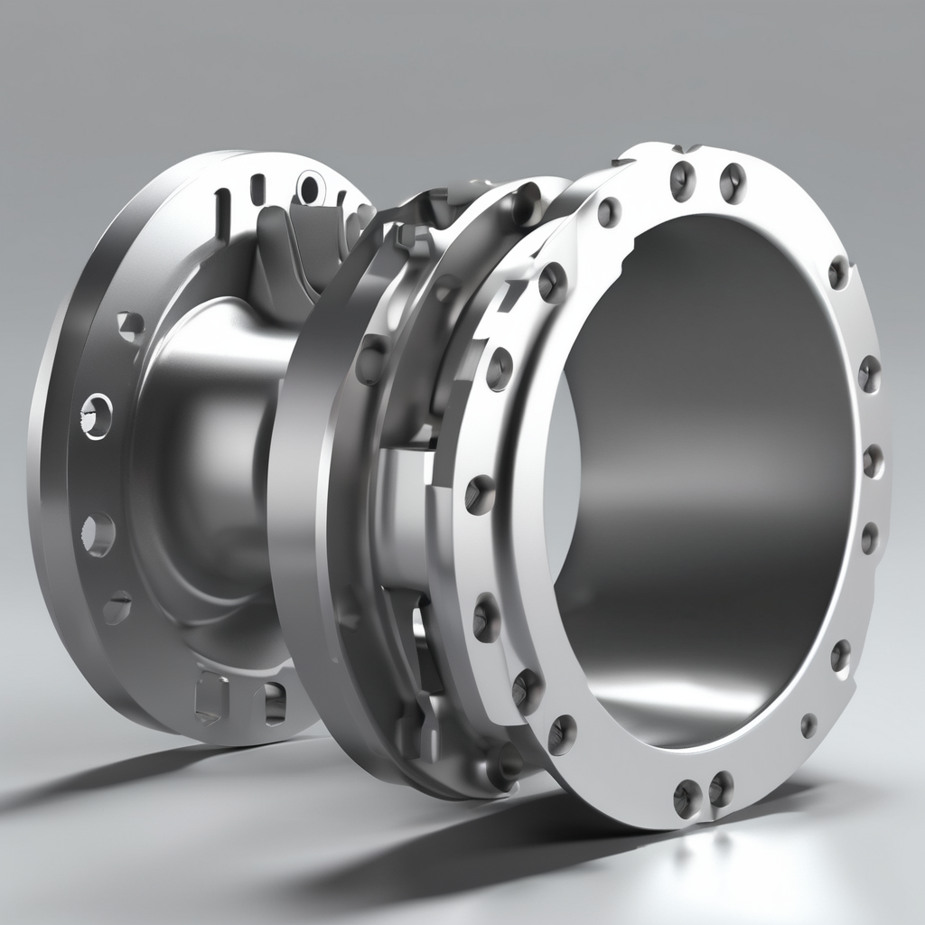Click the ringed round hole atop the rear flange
(309, 189)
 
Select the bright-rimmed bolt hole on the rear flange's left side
(97, 415)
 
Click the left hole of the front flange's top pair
(683, 180)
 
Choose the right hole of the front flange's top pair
(732, 182)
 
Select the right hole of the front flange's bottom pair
(721, 789)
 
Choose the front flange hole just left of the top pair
(610, 212)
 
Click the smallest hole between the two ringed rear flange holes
(131, 322)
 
